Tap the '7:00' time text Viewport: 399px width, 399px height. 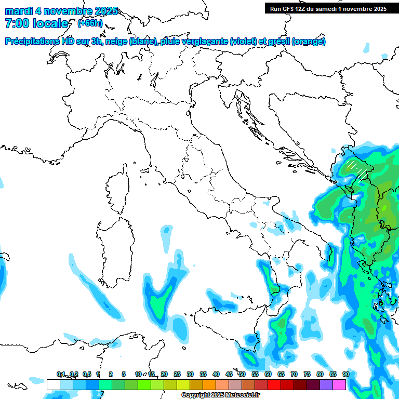pyautogui.click(x=15, y=23)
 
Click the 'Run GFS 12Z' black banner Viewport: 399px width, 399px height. pyautogui.click(x=328, y=8)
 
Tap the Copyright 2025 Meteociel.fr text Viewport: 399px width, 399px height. pyautogui.click(x=220, y=395)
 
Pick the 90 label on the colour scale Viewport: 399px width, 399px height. pyautogui.click(x=346, y=374)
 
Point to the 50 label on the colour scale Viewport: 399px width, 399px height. pyautogui.click(x=242, y=374)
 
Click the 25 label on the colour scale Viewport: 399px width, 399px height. pyautogui.click(x=177, y=374)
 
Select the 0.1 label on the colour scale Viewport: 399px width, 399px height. pyautogui.click(x=61, y=374)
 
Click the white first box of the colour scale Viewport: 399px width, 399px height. pyautogui.click(x=53, y=384)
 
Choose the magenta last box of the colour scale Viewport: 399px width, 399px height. pyautogui.click(x=339, y=384)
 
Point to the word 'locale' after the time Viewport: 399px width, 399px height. pyautogui.click(x=50, y=23)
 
